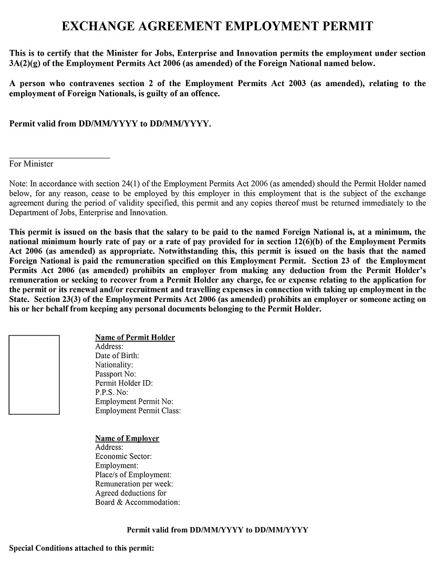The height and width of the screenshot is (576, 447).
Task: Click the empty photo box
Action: [x=34, y=374]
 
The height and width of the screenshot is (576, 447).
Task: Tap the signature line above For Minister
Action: [x=59, y=158]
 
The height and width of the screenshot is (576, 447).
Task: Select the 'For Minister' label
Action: [x=31, y=164]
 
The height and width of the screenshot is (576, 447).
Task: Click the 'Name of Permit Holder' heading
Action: [x=135, y=338]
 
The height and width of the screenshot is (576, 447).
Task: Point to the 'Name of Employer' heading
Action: [x=127, y=438]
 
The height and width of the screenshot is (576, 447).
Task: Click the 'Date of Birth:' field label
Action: [x=117, y=356]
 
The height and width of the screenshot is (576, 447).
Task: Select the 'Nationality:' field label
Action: [x=114, y=365]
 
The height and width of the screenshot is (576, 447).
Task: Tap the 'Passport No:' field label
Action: [x=116, y=374]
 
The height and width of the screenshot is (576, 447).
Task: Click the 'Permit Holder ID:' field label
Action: [x=124, y=383]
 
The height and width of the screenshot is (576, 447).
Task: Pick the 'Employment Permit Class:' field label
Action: [x=138, y=411]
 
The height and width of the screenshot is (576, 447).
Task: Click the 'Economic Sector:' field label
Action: [x=123, y=457]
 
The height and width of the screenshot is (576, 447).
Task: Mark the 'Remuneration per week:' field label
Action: [x=134, y=484]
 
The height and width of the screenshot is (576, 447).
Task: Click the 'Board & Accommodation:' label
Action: [x=138, y=502]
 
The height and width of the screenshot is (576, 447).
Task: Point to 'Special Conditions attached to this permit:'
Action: [x=82, y=549]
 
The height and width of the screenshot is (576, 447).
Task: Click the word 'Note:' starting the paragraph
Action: [x=19, y=184]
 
